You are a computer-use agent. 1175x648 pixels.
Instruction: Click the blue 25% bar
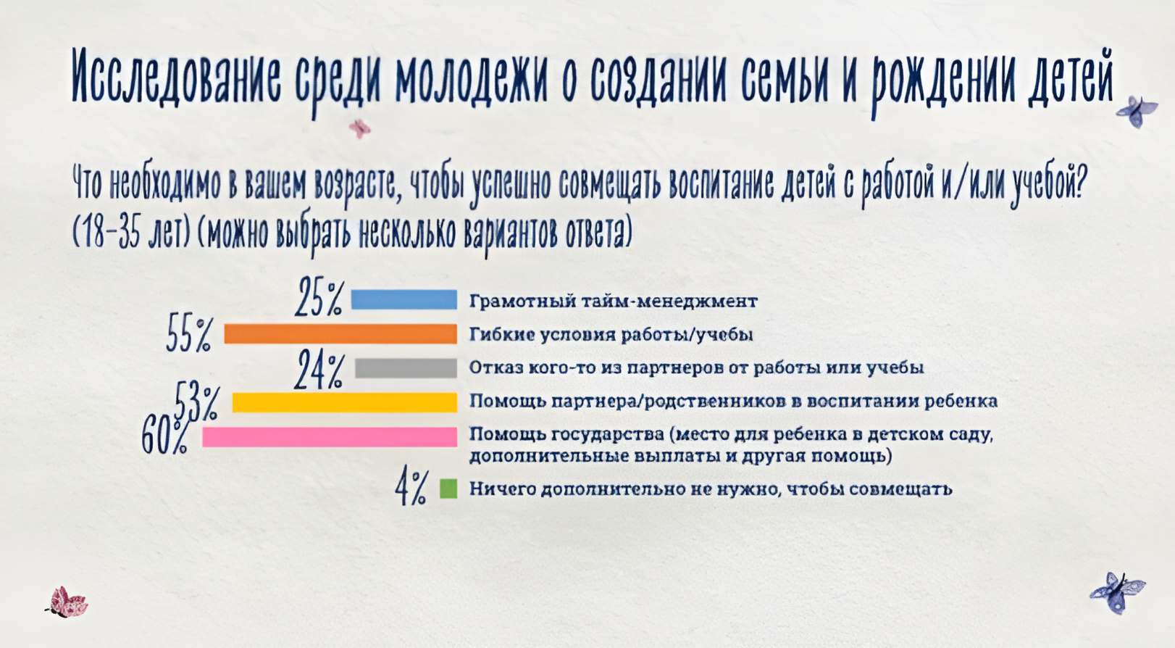404,299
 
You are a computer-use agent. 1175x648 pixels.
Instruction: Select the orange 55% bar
340,333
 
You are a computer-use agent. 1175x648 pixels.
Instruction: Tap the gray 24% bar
406,367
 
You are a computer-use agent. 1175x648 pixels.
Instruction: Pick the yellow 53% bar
345,402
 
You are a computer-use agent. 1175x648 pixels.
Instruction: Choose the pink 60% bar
330,437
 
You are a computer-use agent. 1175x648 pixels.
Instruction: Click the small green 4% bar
448,489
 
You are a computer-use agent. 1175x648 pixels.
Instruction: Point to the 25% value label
319,297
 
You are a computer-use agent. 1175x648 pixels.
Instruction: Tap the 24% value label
319,370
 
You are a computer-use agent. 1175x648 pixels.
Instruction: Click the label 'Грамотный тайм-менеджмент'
613,302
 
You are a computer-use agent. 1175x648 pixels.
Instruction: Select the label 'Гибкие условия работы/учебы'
611,335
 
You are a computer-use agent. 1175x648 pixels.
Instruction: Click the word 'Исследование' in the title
176,77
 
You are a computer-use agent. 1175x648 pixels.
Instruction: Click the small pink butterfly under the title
360,128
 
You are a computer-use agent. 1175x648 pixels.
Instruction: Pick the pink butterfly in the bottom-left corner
67,602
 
